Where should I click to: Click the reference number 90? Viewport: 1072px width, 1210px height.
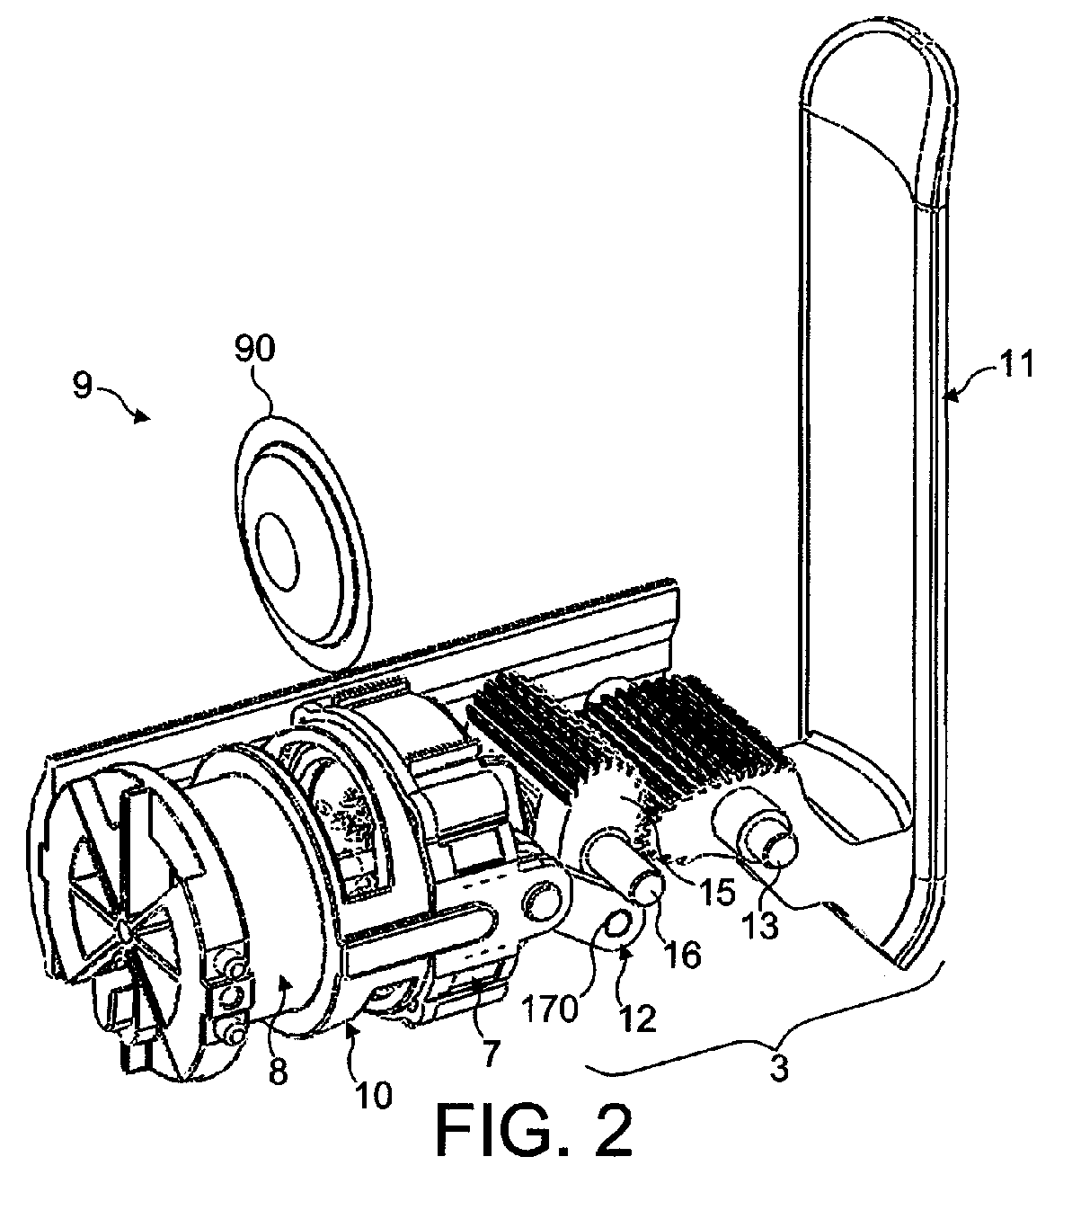[x=255, y=349]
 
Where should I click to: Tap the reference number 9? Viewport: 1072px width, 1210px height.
[x=83, y=386]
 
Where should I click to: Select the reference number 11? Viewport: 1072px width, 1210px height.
[x=1016, y=364]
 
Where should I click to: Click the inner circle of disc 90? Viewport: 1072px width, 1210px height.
[x=277, y=550]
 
